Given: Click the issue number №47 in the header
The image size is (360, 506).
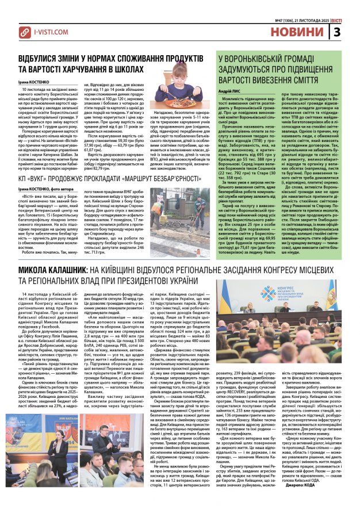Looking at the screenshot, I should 280,21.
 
